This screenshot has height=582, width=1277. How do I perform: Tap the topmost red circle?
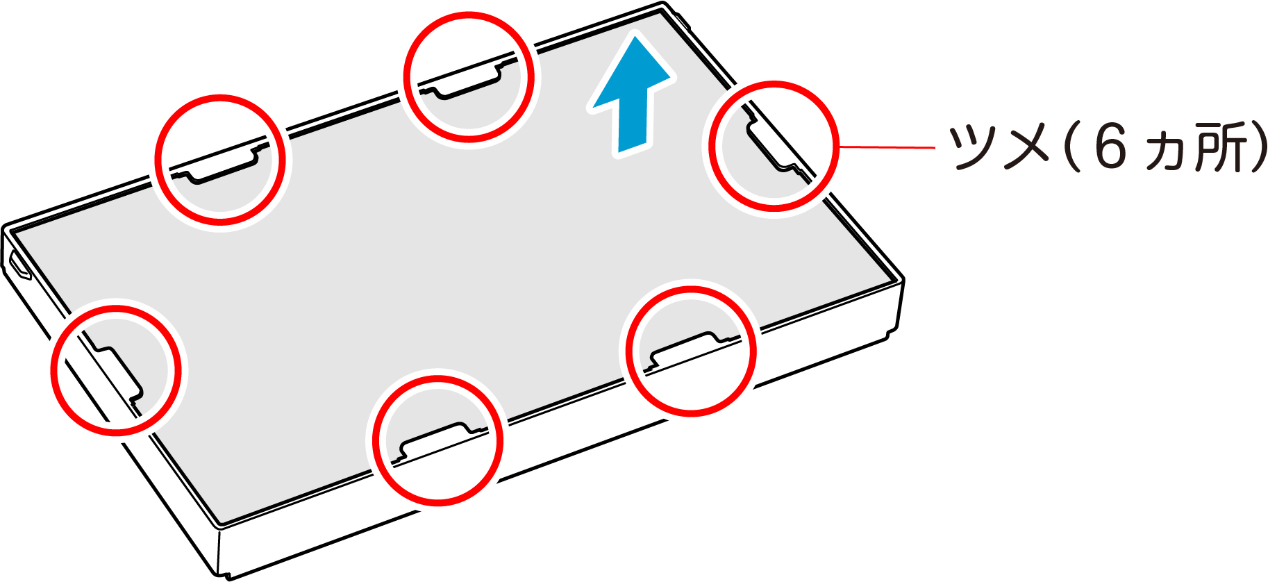tap(469, 15)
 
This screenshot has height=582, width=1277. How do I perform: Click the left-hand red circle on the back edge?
tap(220, 98)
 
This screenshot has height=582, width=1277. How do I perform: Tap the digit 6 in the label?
tap(1110, 147)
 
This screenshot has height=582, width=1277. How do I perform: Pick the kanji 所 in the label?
tap(1216, 147)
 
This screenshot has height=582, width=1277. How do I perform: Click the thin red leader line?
tap(887, 147)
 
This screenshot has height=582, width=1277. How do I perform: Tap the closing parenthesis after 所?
tap(1258, 147)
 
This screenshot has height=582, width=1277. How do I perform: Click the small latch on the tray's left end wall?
tap(19, 265)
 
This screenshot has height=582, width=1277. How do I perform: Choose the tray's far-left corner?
tap(5, 228)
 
